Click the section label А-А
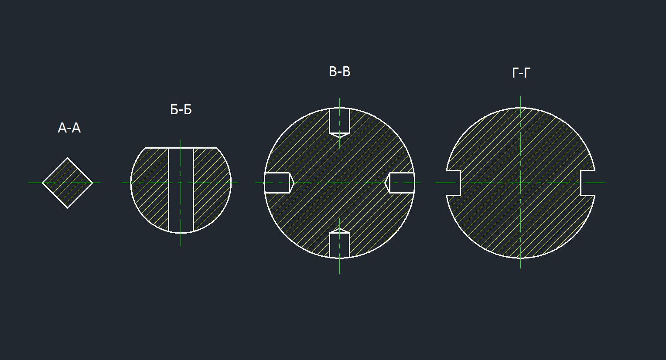[69, 128]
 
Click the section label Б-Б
[181, 109]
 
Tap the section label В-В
[339, 71]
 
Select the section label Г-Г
[521, 73]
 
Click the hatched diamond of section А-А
[68, 183]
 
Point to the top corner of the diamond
[68, 158]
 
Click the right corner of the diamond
[93, 183]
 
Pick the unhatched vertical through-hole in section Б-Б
[181, 190]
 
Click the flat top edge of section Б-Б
[181, 148]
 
